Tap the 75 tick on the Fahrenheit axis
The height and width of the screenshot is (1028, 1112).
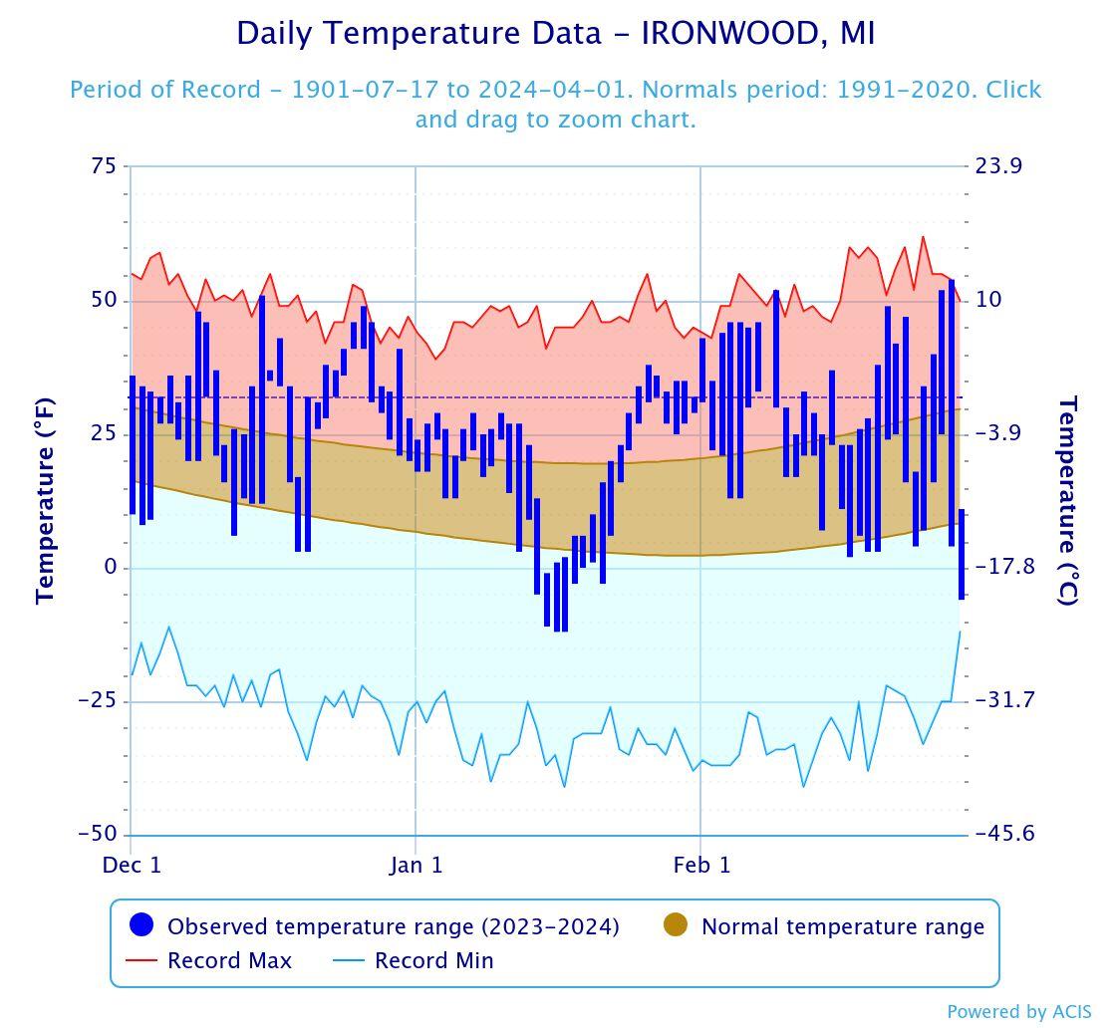104,166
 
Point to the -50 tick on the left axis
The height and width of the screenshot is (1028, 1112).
98,835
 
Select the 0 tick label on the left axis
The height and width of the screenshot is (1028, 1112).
111,568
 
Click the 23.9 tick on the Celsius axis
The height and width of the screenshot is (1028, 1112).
998,166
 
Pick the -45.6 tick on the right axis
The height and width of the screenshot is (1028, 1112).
1004,835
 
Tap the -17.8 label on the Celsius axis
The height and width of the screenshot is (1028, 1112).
1004,568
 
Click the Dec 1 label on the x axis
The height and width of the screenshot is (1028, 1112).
132,865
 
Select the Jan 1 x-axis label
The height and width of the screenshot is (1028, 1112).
416,865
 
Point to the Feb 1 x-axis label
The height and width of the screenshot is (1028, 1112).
701,865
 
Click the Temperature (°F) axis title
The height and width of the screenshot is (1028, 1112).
45,500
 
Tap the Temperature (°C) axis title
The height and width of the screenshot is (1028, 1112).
1067,500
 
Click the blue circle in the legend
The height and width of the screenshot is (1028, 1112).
142,925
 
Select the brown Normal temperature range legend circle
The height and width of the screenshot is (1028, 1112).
676,925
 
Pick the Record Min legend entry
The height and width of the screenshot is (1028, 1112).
433,961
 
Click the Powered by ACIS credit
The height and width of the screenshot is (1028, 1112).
1018,1012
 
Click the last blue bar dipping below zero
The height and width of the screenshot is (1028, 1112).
962,554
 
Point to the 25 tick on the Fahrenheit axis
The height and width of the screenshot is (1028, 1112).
104,434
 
